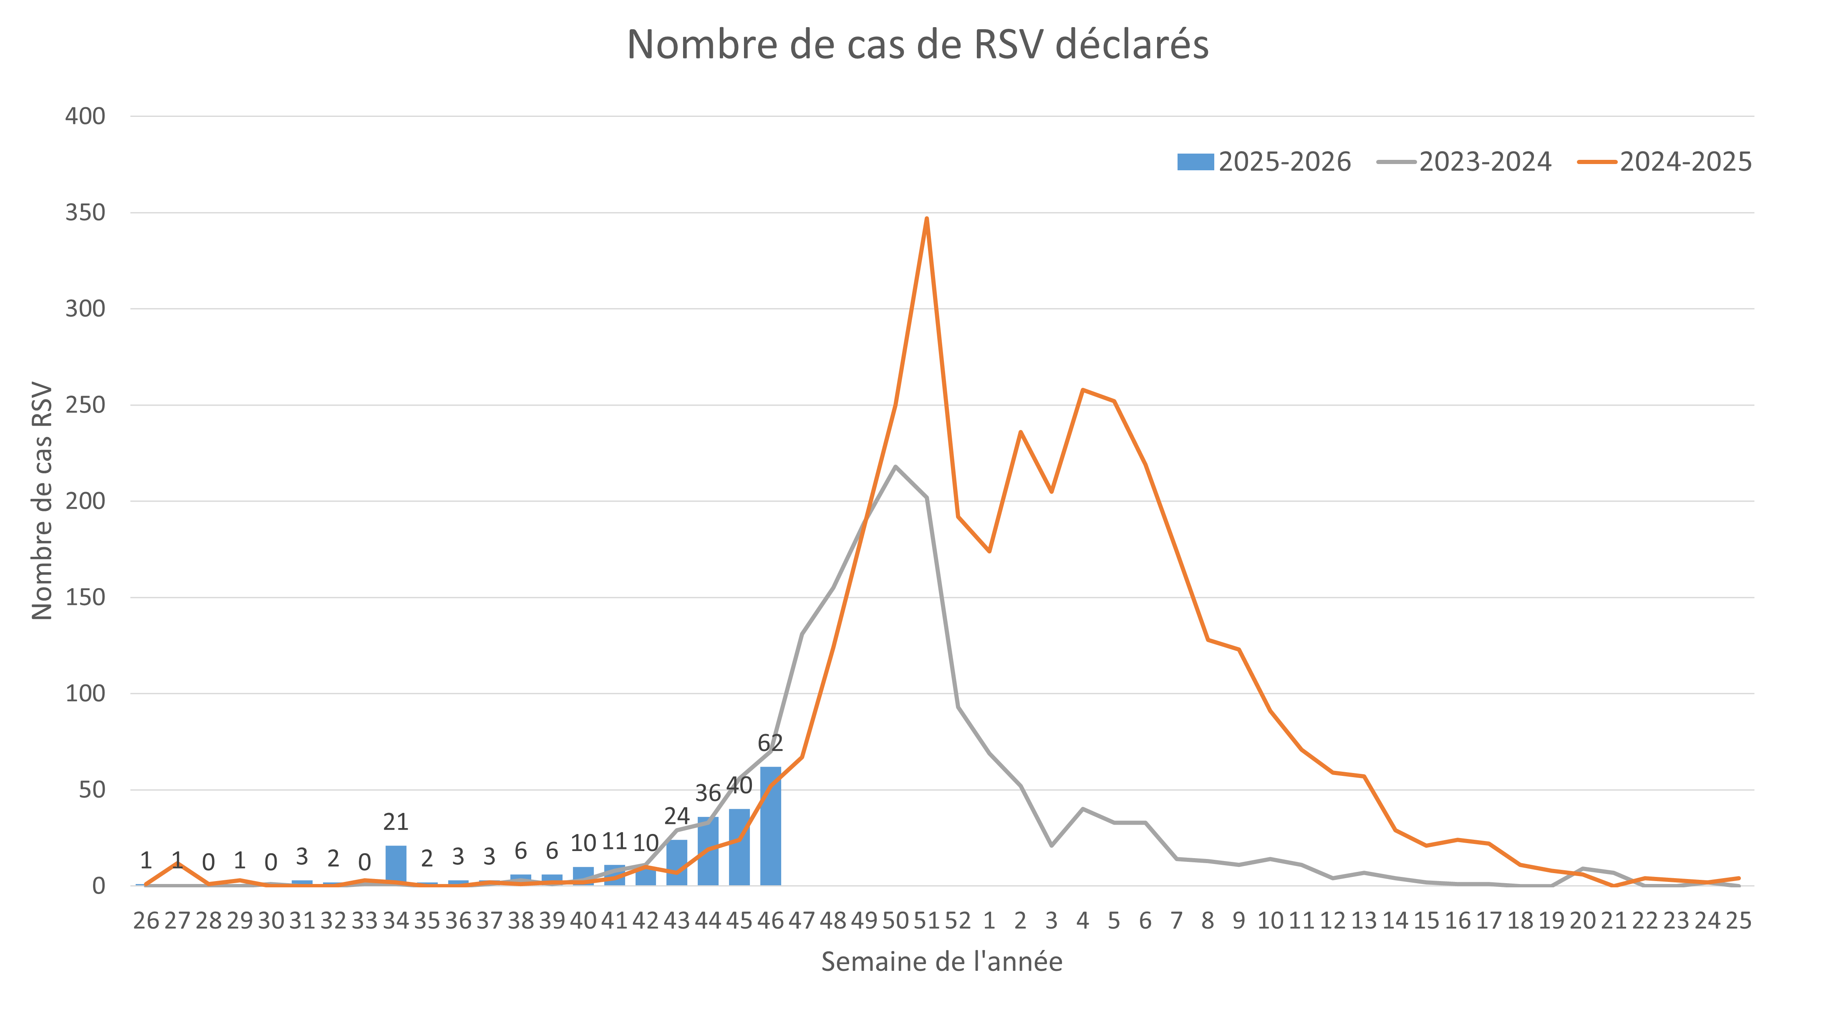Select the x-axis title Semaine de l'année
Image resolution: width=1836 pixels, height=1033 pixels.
[x=941, y=962]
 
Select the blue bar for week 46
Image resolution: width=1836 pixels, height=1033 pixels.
[x=770, y=827]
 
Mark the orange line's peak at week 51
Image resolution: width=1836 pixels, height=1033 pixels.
[x=926, y=218]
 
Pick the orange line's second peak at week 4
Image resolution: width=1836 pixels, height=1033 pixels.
[x=1083, y=389]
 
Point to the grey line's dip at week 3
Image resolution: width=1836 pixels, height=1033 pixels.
[x=1051, y=846]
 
